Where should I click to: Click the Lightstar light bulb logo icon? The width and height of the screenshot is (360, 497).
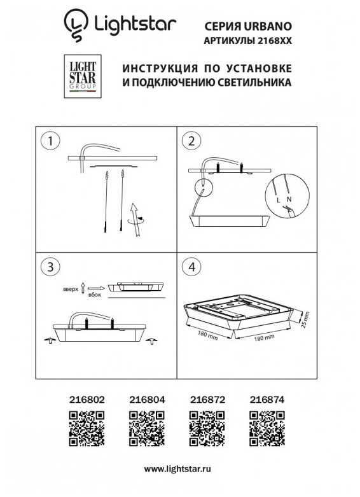click(x=76, y=25)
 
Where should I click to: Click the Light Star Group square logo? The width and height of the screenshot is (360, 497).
click(x=83, y=76)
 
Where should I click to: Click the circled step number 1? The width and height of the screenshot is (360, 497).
click(x=50, y=141)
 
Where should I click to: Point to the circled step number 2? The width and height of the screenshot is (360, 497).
click(x=191, y=141)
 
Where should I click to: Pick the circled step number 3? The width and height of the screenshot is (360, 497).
click(x=50, y=267)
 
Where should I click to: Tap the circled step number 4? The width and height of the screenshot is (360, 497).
click(x=191, y=267)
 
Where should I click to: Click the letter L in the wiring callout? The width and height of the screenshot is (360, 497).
click(x=279, y=200)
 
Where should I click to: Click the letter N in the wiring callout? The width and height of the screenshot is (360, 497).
click(x=289, y=199)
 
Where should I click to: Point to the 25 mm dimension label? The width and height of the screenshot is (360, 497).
click(x=305, y=319)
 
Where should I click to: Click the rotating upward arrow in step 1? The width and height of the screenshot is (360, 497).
click(x=135, y=220)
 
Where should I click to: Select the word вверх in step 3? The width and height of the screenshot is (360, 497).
click(x=71, y=289)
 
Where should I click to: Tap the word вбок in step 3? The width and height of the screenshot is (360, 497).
click(x=95, y=295)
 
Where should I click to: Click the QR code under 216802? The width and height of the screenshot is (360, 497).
click(x=87, y=428)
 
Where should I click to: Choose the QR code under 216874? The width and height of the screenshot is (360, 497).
click(x=267, y=428)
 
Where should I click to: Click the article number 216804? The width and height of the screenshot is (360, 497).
click(x=147, y=400)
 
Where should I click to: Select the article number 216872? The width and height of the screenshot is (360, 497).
click(x=207, y=400)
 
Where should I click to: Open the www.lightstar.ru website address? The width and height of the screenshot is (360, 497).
click(x=177, y=469)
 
